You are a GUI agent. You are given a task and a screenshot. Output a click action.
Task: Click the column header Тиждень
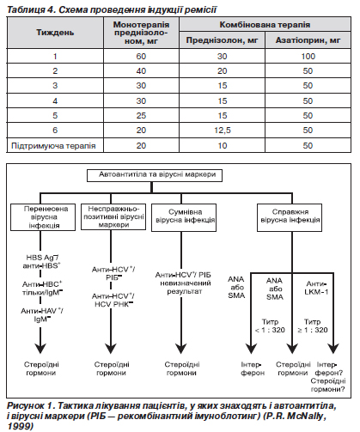55,33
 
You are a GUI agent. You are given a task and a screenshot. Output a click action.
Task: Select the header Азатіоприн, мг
308,40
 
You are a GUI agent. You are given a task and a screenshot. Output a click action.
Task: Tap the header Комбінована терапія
265,25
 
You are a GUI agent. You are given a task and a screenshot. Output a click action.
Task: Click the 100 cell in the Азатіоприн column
308,56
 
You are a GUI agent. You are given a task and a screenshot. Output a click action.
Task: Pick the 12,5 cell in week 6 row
223,131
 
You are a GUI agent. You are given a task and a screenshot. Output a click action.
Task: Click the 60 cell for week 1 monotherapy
141,56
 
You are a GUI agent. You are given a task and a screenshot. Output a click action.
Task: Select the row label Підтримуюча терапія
53,146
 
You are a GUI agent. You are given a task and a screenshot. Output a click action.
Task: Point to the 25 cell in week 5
141,116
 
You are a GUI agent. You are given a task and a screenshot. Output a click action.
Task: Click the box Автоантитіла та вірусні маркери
155,174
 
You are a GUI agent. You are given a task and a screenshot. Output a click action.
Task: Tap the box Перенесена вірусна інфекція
43,217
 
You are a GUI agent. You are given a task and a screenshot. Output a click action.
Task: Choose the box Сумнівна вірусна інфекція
184,217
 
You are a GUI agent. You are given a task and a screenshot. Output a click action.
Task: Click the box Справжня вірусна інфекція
290,217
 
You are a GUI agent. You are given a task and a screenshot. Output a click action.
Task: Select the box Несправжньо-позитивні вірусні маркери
113,216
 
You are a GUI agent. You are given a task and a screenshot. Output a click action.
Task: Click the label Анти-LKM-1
316,288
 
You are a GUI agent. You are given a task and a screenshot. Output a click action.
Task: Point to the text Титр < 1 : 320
270,326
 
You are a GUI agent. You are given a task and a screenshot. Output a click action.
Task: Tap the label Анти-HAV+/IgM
42,315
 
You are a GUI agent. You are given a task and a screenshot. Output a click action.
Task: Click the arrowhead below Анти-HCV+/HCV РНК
111,349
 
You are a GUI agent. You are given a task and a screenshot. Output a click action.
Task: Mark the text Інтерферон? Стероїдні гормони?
328,377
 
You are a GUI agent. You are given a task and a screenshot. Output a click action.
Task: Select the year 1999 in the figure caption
20,426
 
